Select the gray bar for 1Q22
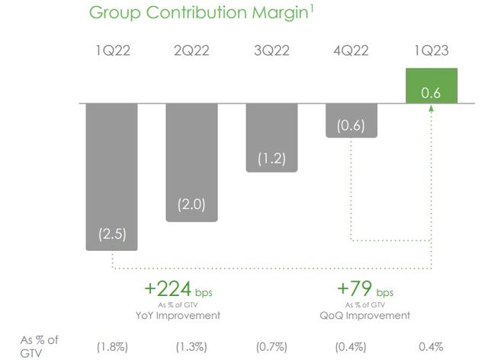tap(111, 175)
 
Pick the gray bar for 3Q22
tap(271, 137)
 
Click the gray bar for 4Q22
tap(352, 121)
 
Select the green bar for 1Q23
tap(432, 85)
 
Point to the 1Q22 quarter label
tap(111, 51)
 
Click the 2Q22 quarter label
tap(191, 51)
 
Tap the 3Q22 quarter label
tap(271, 51)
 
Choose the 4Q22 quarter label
tap(352, 51)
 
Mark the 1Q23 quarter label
tap(432, 51)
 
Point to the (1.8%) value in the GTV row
tap(111, 346)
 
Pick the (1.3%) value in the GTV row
tap(191, 346)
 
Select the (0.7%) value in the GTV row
tap(271, 346)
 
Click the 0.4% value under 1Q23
tap(431, 346)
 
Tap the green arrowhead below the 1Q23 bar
tap(432, 108)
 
